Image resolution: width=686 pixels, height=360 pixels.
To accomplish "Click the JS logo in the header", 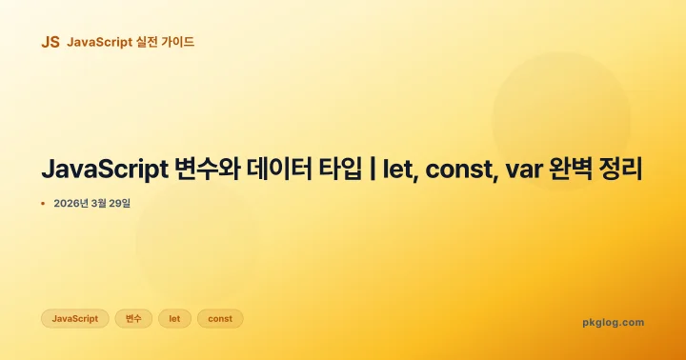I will tap(50, 42).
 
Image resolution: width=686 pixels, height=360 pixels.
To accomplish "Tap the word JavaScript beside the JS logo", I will tap(99, 42).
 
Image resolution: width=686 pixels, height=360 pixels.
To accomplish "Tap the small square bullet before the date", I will tap(43, 204).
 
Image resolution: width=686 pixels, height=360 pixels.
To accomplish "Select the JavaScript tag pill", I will tap(74, 318).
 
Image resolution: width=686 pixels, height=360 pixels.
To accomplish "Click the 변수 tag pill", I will tap(133, 318).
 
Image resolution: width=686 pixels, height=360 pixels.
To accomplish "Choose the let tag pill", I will tap(174, 318).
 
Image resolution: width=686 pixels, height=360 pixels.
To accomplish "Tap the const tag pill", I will tap(220, 318).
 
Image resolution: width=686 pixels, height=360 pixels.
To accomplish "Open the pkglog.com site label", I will tap(613, 322).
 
